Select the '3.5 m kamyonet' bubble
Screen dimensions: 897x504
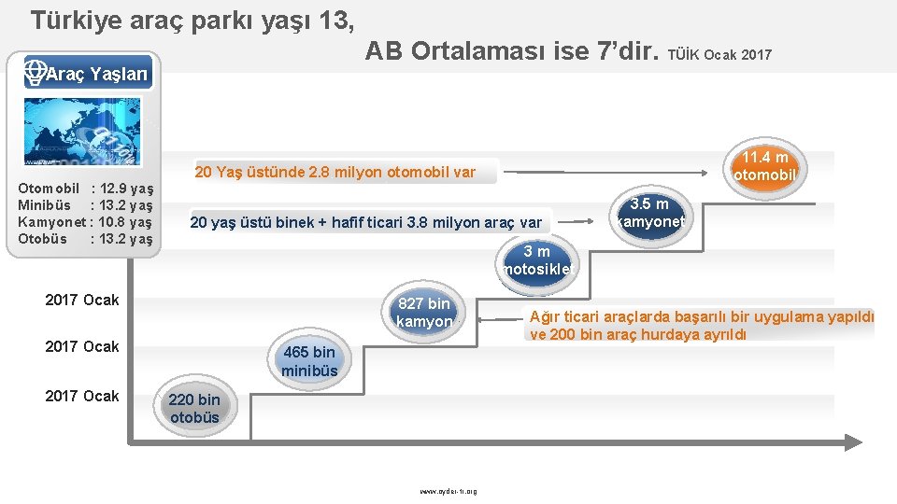pyautogui.click(x=650, y=214)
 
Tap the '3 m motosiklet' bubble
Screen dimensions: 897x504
pyautogui.click(x=536, y=261)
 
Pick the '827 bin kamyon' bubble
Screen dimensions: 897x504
pyautogui.click(x=423, y=313)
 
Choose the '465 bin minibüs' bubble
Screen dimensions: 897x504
pyautogui.click(x=309, y=361)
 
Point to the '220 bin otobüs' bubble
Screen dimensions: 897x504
pyautogui.click(x=194, y=409)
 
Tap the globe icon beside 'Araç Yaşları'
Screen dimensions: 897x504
pyautogui.click(x=36, y=72)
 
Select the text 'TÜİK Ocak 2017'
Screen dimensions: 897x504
pyautogui.click(x=719, y=55)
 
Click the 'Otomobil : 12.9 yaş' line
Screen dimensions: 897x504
pyautogui.click(x=85, y=189)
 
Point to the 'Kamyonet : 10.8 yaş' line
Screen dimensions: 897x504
pyautogui.click(x=85, y=222)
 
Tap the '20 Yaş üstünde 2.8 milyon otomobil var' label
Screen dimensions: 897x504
pyautogui.click(x=335, y=172)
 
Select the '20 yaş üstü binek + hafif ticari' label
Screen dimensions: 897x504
pyautogui.click(x=365, y=222)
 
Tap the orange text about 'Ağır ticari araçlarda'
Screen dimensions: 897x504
pyautogui.click(x=701, y=326)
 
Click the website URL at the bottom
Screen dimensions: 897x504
pyautogui.click(x=448, y=491)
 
